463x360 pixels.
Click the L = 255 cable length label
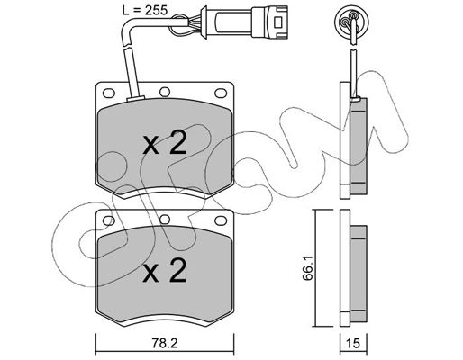(x=144, y=11)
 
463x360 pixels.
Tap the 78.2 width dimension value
(x=165, y=343)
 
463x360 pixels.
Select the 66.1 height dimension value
(x=308, y=267)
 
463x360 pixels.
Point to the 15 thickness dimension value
(x=353, y=343)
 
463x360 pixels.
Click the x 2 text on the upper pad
(x=165, y=143)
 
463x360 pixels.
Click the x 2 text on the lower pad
(x=165, y=270)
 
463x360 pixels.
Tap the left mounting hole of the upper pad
(x=109, y=93)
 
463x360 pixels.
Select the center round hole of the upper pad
(x=165, y=92)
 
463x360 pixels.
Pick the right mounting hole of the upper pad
(x=221, y=93)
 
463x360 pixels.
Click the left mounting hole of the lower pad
(x=109, y=220)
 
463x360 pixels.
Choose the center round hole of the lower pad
(x=165, y=220)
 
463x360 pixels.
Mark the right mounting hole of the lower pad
(x=221, y=220)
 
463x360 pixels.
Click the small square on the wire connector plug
(x=278, y=22)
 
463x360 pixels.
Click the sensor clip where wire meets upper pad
(x=136, y=98)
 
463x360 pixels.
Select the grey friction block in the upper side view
(x=359, y=146)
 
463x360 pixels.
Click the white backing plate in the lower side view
(x=345, y=268)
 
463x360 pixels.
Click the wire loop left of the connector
(x=179, y=25)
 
